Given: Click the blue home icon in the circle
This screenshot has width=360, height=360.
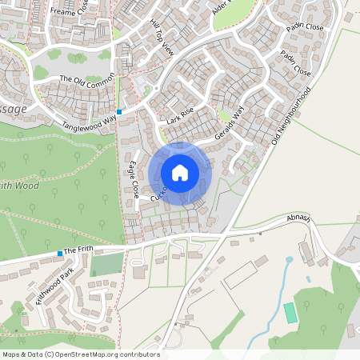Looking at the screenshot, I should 180,172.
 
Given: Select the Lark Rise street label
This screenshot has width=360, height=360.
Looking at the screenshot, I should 181,117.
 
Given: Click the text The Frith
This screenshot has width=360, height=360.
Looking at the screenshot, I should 78,250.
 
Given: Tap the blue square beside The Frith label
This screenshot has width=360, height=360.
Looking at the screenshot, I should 60,254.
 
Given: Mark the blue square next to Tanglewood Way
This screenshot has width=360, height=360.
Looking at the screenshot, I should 118,111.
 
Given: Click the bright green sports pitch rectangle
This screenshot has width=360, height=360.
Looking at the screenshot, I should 290,313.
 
